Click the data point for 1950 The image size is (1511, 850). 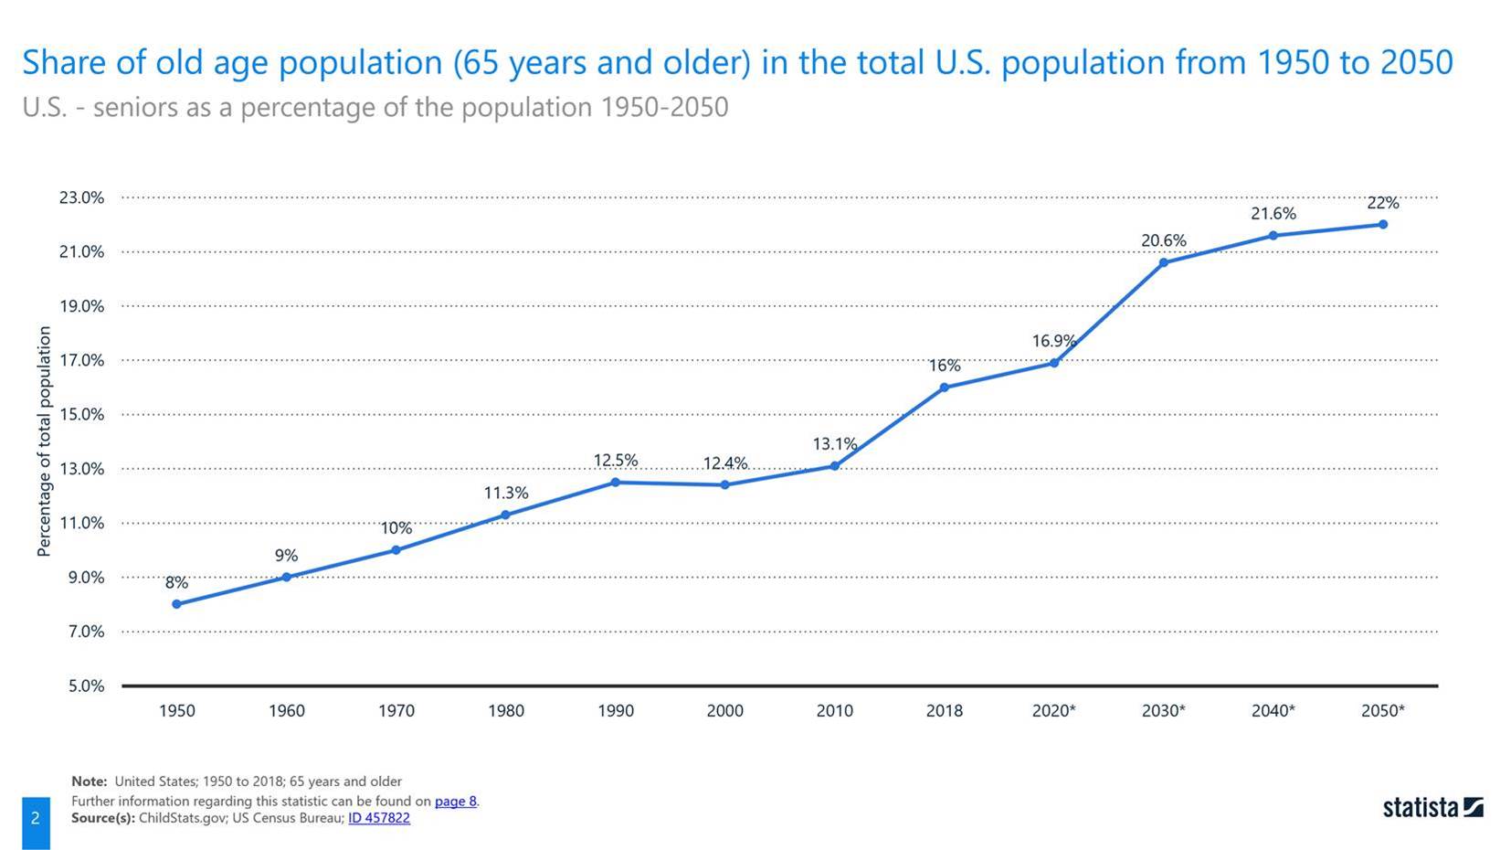176,604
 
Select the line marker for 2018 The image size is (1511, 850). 944,388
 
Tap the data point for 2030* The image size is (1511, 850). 1163,262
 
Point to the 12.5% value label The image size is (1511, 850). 615,461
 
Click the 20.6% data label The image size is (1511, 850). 1163,240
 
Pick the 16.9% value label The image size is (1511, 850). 1053,341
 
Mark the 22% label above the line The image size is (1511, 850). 1382,203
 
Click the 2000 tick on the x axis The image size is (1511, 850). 724,711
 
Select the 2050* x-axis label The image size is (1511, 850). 1382,711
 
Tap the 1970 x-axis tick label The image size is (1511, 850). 396,711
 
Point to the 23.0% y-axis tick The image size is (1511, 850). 82,197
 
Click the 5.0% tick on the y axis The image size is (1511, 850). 86,685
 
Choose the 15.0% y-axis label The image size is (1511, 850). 82,414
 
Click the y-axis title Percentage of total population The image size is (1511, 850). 44,441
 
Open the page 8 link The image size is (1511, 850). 455,802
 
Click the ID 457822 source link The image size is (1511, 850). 378,818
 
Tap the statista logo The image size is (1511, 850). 1432,808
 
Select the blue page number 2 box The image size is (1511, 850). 36,819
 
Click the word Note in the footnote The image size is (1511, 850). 88,781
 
